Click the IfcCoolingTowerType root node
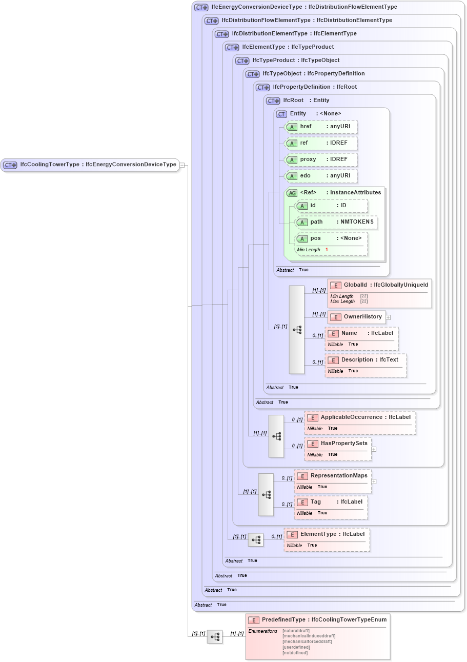point(90,165)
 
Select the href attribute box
point(321,127)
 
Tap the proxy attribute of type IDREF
point(321,159)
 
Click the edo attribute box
point(321,176)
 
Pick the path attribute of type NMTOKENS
point(336,222)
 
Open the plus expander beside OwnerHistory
point(388,317)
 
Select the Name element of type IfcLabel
point(361,333)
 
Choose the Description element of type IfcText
point(366,360)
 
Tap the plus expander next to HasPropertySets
point(374,449)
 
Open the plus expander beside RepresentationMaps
point(374,482)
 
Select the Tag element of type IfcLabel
point(331,502)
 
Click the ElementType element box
point(327,534)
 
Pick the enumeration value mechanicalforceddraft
point(307,641)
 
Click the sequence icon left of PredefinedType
point(215,637)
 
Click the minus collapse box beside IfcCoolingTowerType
point(182,165)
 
